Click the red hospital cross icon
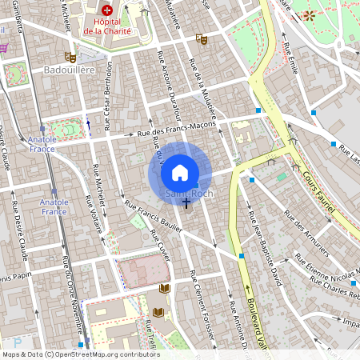[106, 11]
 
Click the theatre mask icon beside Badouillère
[70, 58]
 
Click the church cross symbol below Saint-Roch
[187, 204]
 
